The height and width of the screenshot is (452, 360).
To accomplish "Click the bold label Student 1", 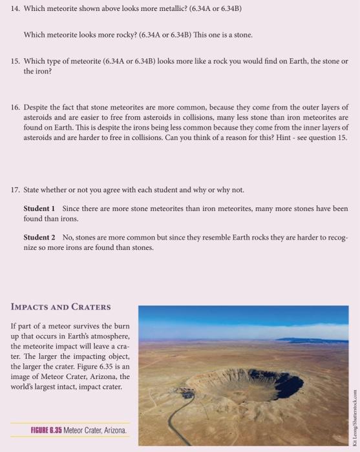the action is pyautogui.click(x=39, y=209).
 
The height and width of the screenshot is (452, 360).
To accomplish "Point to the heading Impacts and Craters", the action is pyautogui.click(x=61, y=307).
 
